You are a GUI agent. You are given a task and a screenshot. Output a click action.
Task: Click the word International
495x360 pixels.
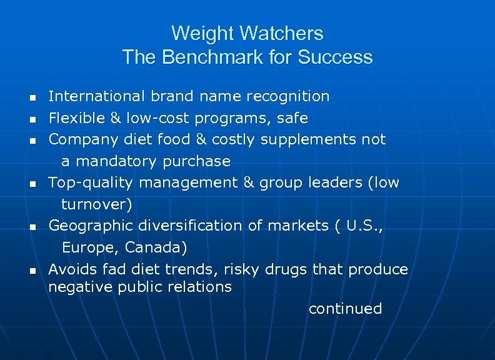(97, 96)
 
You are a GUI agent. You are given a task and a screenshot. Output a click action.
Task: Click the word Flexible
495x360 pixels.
(73, 118)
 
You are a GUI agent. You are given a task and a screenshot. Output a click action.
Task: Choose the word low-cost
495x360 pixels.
(159, 118)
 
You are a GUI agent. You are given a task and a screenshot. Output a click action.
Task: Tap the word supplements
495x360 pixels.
(309, 139)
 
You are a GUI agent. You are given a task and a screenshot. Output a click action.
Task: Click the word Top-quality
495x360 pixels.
(91, 182)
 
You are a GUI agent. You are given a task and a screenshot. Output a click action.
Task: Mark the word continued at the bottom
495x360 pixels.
(345, 309)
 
